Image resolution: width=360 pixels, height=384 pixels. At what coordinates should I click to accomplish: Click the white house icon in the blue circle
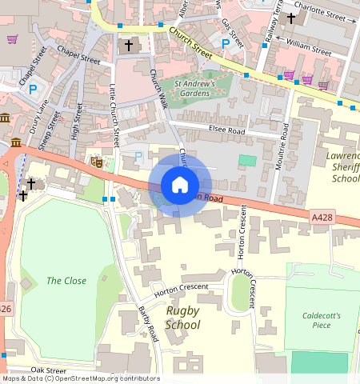pyautogui.click(x=180, y=186)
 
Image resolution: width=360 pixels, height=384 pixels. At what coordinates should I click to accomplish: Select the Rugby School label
pyautogui.click(x=182, y=318)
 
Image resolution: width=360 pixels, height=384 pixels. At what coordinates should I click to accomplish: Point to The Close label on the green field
pyautogui.click(x=66, y=281)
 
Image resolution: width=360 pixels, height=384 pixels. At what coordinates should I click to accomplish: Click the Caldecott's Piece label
pyautogui.click(x=322, y=321)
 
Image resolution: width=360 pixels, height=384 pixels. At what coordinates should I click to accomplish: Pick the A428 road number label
pyautogui.click(x=322, y=216)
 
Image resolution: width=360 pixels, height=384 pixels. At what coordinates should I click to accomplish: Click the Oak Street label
pyautogui.click(x=48, y=370)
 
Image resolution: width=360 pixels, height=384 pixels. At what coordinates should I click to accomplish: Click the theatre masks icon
pyautogui.click(x=96, y=162)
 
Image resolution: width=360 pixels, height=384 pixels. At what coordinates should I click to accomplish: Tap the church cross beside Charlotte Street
pyautogui.click(x=292, y=16)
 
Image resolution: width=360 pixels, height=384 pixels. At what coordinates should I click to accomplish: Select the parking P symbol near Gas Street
pyautogui.click(x=226, y=43)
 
